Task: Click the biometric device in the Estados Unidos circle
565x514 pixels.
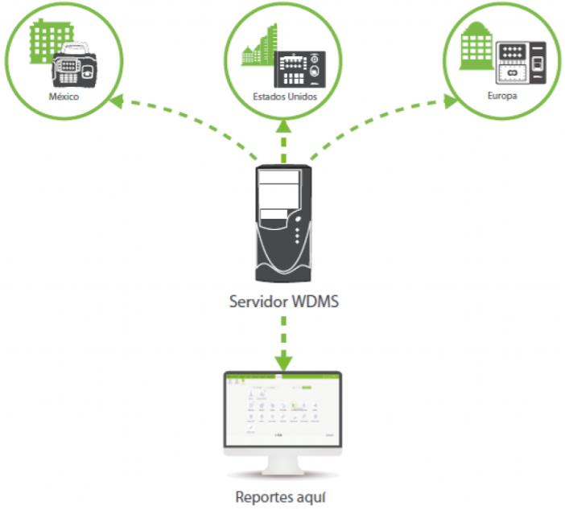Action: click(x=299, y=69)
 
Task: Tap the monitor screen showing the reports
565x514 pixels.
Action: click(x=282, y=407)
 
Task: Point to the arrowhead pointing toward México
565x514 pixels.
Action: click(x=117, y=99)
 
